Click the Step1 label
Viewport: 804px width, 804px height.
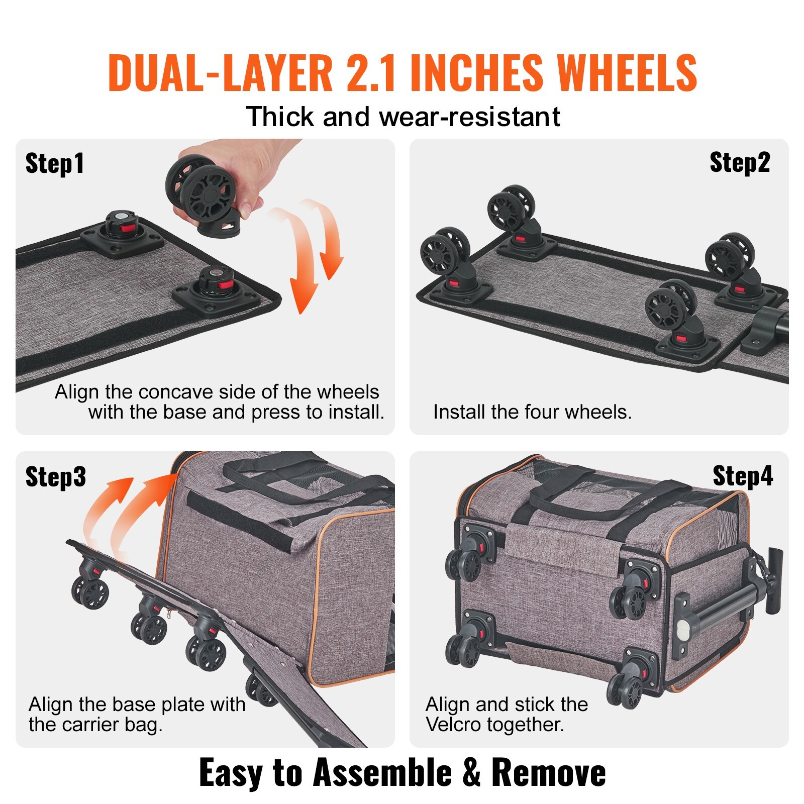(x=55, y=164)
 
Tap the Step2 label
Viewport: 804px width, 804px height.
(x=740, y=163)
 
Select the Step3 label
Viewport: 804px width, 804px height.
(x=55, y=476)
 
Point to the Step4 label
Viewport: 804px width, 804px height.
(x=743, y=476)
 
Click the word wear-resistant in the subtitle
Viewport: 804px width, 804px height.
(x=469, y=117)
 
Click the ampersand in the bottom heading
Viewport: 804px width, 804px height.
(x=471, y=772)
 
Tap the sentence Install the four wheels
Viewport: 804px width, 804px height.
(x=532, y=412)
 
